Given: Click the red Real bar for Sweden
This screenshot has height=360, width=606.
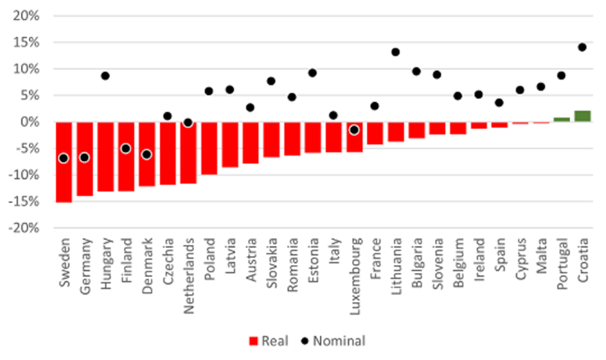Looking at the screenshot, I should (64, 161).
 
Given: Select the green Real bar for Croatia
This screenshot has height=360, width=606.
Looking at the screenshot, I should (583, 116).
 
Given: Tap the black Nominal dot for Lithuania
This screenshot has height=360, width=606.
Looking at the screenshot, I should (396, 52).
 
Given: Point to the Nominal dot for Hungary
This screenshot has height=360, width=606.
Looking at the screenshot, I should (105, 76).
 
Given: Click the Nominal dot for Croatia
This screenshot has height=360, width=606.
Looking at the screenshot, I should (583, 47).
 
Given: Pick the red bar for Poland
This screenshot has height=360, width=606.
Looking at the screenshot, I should (209, 147).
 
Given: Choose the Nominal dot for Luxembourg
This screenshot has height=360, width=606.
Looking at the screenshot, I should (354, 130).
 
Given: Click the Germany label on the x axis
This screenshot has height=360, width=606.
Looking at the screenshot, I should (85, 258).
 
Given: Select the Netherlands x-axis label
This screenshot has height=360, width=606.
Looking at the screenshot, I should (189, 266).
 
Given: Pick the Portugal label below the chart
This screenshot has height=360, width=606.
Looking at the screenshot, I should (562, 259).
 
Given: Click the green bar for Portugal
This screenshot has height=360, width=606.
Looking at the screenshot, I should (562, 119).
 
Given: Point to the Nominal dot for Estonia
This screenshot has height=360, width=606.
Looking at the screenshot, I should (313, 73).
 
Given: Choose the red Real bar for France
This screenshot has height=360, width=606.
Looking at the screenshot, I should (375, 133).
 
